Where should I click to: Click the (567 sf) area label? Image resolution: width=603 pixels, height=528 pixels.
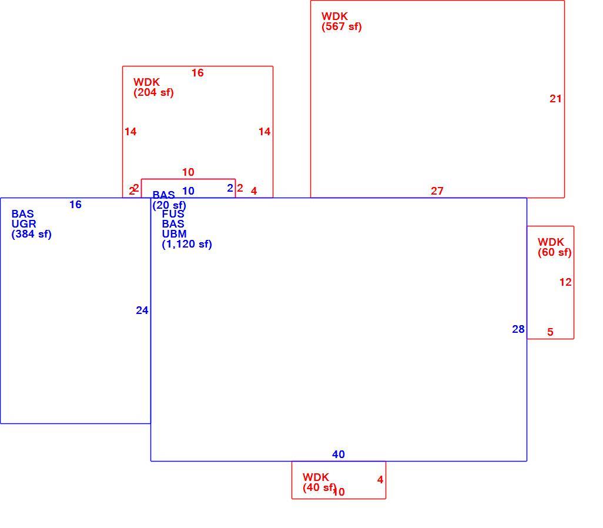341,26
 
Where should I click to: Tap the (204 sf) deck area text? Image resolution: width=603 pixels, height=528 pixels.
153,92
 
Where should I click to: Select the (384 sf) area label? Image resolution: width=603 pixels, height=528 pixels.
31,234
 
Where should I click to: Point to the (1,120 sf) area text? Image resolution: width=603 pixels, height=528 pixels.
186,244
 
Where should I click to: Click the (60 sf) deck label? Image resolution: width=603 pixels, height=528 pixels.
554,252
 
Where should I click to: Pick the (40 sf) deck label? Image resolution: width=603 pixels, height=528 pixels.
319,487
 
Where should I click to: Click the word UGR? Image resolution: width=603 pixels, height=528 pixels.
24,224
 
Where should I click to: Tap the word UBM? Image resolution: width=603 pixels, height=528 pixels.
174,234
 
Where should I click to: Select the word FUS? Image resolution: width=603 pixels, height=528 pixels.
173,214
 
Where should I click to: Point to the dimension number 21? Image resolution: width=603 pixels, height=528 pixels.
555,99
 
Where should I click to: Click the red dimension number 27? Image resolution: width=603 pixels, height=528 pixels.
437,191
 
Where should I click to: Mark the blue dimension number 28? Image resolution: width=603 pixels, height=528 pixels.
518,329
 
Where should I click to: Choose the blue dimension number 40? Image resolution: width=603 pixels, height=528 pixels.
339,455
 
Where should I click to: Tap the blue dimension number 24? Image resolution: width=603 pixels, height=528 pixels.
142,310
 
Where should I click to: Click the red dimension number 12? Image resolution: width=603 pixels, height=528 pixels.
565,282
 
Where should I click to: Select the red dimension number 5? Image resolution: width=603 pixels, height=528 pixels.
550,332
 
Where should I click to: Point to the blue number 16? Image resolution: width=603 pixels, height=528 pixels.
75,205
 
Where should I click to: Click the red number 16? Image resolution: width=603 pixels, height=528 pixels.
197,73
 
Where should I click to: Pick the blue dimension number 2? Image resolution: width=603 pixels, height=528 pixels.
230,188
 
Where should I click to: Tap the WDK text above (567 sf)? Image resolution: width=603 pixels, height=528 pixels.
334,16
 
